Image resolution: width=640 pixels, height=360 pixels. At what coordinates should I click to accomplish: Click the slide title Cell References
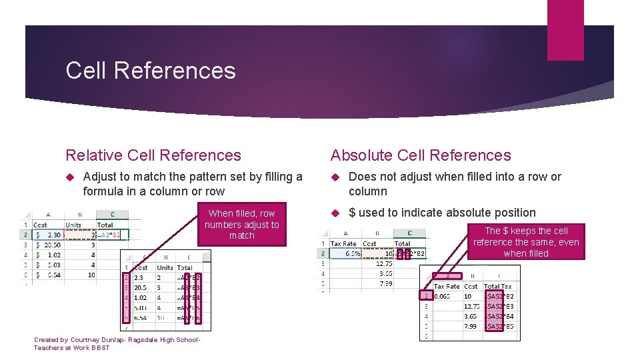pos(151,71)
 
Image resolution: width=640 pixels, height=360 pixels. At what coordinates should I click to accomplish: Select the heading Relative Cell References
pos(153,155)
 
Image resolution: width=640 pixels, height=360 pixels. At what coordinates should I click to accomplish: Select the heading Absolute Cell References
pos(421,155)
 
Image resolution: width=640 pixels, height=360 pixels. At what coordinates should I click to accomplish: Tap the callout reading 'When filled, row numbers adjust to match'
pos(241,224)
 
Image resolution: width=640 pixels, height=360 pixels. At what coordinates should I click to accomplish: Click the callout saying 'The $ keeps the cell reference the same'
pos(526,242)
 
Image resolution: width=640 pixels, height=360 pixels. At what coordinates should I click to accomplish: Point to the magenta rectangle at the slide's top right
pos(565,30)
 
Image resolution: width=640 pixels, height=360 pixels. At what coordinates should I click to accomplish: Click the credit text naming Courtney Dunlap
pos(117,343)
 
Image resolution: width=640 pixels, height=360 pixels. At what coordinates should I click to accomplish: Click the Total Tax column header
pos(498,286)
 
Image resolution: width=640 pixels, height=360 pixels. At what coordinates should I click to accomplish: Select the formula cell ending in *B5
pos(500,327)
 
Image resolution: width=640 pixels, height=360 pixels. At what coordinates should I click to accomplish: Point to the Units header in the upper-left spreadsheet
pos(73,225)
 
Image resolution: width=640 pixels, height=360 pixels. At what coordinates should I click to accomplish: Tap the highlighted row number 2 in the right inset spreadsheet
pos(426,295)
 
